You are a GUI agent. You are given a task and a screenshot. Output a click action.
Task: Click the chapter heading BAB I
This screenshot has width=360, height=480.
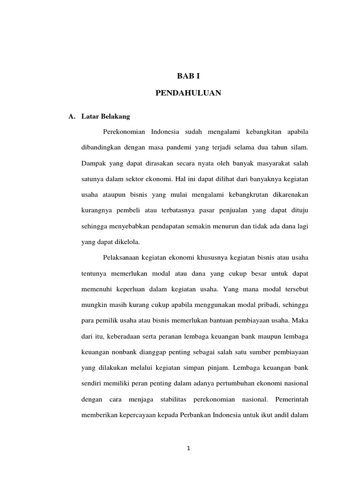click(187, 76)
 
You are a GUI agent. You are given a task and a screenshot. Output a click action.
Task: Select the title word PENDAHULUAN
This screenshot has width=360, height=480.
click(187, 94)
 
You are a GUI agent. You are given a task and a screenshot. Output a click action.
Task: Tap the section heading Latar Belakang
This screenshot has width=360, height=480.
click(102, 116)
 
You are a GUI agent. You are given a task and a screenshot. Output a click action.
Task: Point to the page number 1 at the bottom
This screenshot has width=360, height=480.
click(188, 448)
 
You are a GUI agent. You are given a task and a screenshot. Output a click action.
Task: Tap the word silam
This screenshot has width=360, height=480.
click(298, 148)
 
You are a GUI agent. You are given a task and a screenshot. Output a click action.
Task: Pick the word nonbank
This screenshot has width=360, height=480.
click(124, 352)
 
